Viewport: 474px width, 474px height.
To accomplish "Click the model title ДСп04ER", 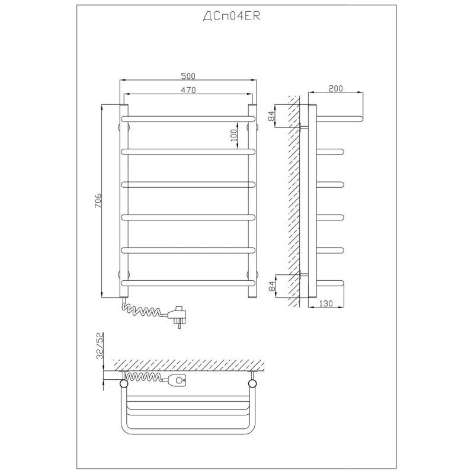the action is click(x=231, y=17).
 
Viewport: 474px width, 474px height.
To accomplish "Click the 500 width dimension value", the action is click(x=188, y=76).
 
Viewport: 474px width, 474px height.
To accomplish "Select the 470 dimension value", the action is click(x=188, y=90).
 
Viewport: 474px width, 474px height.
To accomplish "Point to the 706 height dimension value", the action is click(x=98, y=201).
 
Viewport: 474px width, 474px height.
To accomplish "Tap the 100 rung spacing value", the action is click(x=233, y=136).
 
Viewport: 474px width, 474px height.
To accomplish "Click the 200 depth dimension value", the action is click(x=335, y=88).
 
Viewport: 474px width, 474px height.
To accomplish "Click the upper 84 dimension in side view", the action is click(x=271, y=116).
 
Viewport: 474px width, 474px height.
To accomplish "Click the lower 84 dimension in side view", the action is click(x=271, y=286).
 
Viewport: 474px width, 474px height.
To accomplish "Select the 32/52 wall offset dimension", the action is click(x=100, y=346).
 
